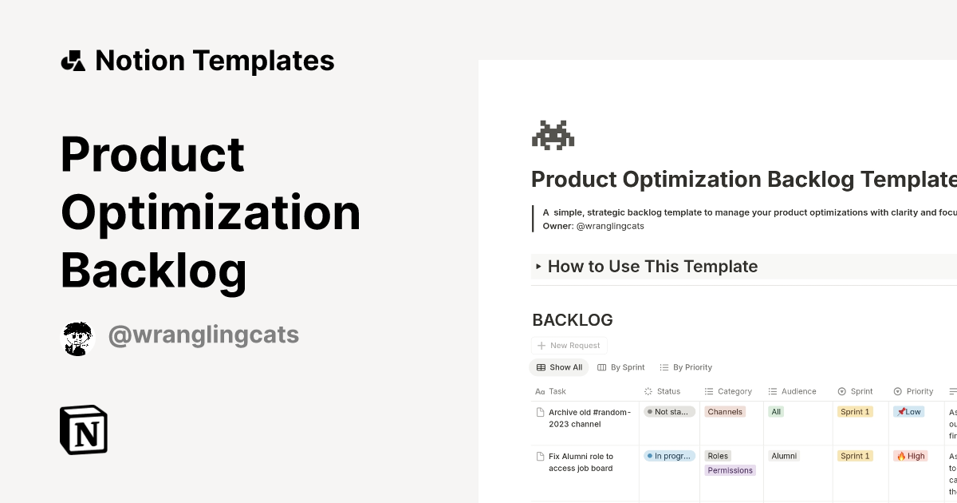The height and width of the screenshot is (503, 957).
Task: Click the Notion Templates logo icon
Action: pos(73,61)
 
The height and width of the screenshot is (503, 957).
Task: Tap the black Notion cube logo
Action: pos(84,430)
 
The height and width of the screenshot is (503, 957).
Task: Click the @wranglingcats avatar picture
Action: pos(77,339)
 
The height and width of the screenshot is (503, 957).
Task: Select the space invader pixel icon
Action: pos(553,135)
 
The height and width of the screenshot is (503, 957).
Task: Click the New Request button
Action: pos(569,346)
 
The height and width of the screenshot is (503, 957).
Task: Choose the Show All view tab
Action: pos(559,367)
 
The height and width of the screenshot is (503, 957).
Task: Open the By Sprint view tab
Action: pos(621,367)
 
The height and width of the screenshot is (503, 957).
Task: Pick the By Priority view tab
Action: pos(686,367)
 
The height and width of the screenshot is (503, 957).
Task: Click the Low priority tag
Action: pos(908,412)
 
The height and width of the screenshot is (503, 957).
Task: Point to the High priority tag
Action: pos(911,456)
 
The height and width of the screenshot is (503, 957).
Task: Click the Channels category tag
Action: pos(725,412)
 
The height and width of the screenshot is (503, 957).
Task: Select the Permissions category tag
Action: pos(730,470)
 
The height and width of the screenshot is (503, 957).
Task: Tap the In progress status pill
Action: pos(669,456)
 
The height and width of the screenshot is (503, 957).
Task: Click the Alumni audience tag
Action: pos(784,456)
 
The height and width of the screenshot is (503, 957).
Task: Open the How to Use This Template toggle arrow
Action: pos(539,267)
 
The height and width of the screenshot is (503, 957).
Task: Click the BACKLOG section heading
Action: pos(573,320)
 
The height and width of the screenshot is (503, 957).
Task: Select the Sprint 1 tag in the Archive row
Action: pos(855,412)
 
